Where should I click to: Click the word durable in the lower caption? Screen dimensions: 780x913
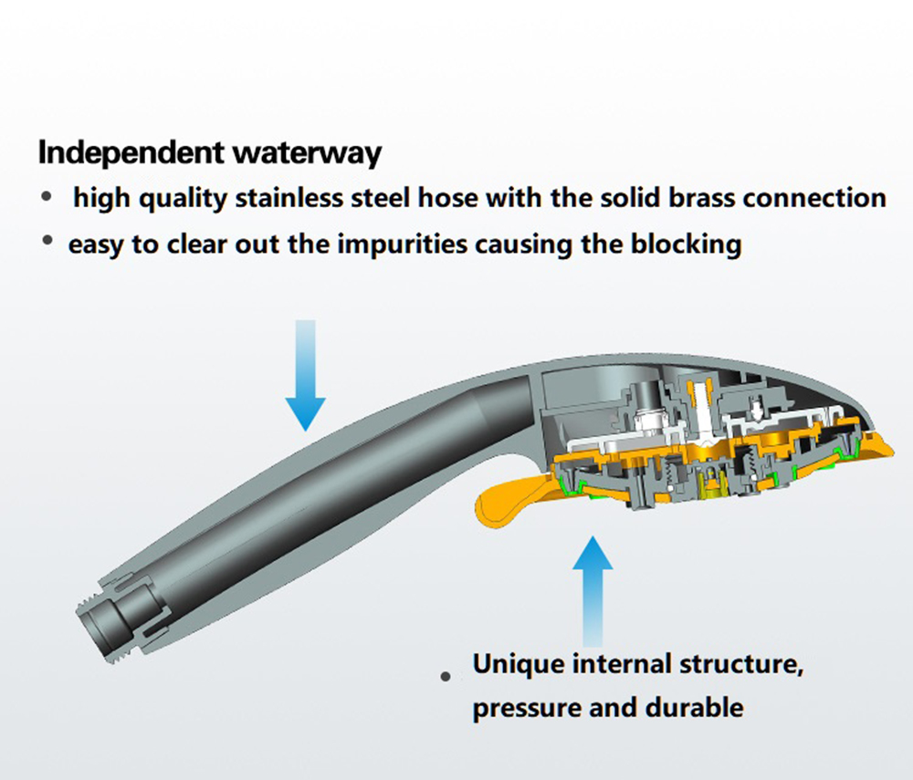coord(694,707)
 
